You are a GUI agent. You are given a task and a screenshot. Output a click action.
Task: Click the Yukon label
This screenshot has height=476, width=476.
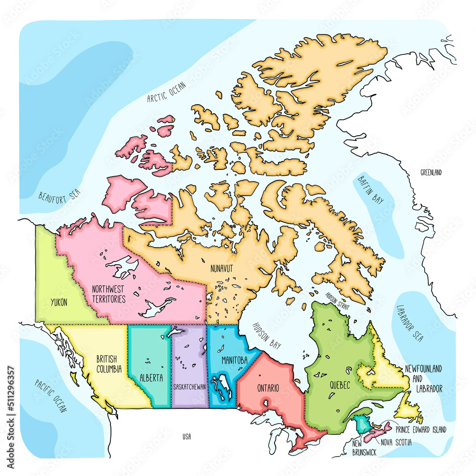pyautogui.click(x=59, y=302)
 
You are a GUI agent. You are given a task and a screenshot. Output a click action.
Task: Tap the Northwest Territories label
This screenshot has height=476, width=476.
pyautogui.click(x=109, y=294)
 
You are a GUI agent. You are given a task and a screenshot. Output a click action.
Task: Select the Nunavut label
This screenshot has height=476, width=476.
pyautogui.click(x=222, y=269)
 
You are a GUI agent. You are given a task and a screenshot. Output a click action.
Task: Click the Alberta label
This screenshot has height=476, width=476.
pyautogui.click(x=151, y=378)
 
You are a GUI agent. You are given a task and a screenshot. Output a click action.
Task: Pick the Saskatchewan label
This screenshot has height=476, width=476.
pyautogui.click(x=189, y=387)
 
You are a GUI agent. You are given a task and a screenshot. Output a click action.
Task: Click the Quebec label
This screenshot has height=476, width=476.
pyautogui.click(x=339, y=384)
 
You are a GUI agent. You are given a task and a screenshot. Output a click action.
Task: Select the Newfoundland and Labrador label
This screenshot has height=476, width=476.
pyautogui.click(x=423, y=379)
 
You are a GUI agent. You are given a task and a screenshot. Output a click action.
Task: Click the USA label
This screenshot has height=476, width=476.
pyautogui.click(x=187, y=436)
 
